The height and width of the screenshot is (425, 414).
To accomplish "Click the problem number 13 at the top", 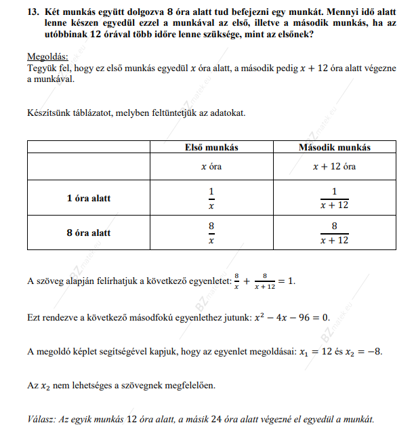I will (x=33, y=13).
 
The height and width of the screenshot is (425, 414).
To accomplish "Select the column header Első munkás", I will (x=211, y=147).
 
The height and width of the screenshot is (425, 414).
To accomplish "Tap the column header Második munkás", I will (x=335, y=147).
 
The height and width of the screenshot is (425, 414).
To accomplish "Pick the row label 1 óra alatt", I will (x=88, y=199).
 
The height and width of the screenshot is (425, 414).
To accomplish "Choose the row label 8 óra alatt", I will (x=88, y=232).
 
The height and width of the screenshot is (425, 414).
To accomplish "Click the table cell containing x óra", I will (x=211, y=166).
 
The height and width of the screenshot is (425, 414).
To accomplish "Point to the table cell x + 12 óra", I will (x=335, y=166).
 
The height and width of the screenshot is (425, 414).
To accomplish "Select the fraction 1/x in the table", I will (x=211, y=199).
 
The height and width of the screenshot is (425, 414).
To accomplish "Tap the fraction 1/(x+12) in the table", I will (x=335, y=199).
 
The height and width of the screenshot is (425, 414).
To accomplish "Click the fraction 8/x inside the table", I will (x=211, y=232).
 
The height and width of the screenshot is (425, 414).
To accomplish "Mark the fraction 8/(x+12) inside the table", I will (x=335, y=232).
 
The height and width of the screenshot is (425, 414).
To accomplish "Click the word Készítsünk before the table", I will (x=50, y=113).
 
